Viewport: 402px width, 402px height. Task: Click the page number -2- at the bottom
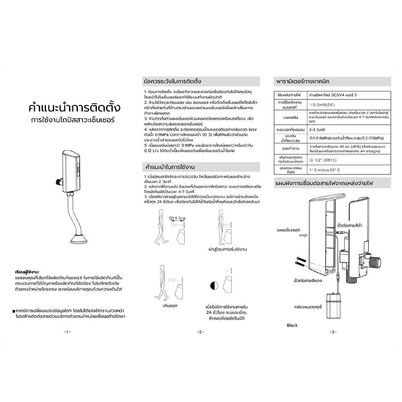(201, 332)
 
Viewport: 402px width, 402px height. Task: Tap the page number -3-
(332, 332)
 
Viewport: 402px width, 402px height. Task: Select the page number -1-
(67, 332)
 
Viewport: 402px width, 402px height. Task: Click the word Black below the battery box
(292, 325)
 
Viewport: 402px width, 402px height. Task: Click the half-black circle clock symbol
(214, 286)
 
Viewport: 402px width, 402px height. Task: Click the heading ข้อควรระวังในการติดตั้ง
(172, 81)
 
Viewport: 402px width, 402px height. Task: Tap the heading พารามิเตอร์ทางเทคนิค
(303, 81)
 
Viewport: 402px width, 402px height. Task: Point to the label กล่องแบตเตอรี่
(308, 306)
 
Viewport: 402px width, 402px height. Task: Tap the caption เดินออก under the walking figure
(170, 305)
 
